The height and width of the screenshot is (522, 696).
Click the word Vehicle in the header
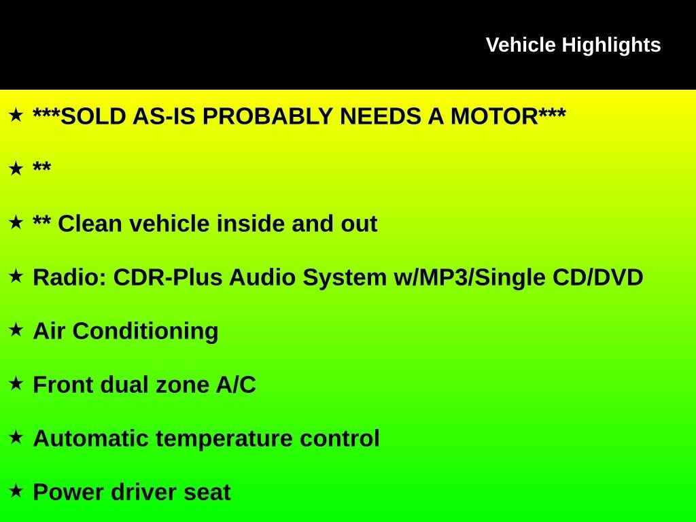pyautogui.click(x=521, y=46)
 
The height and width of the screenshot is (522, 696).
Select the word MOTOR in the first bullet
pyautogui.click(x=494, y=117)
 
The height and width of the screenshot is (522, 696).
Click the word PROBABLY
pyautogui.click(x=267, y=117)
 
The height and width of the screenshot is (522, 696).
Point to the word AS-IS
pyautogui.click(x=164, y=117)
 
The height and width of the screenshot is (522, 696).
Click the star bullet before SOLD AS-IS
pyautogui.click(x=16, y=115)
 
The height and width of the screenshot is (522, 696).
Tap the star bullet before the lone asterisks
pyautogui.click(x=16, y=169)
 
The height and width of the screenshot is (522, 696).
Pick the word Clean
pyautogui.click(x=90, y=224)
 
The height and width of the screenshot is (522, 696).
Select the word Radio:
pyautogui.click(x=70, y=278)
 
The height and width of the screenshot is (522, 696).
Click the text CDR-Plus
pyautogui.click(x=168, y=278)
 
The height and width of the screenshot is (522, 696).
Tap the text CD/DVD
pyautogui.click(x=598, y=278)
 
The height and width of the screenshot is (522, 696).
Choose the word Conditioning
pyautogui.click(x=145, y=332)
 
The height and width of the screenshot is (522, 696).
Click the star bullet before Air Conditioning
pyautogui.click(x=16, y=330)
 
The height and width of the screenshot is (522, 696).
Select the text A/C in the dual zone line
pyautogui.click(x=236, y=385)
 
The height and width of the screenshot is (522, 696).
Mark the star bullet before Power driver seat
pyautogui.click(x=16, y=491)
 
